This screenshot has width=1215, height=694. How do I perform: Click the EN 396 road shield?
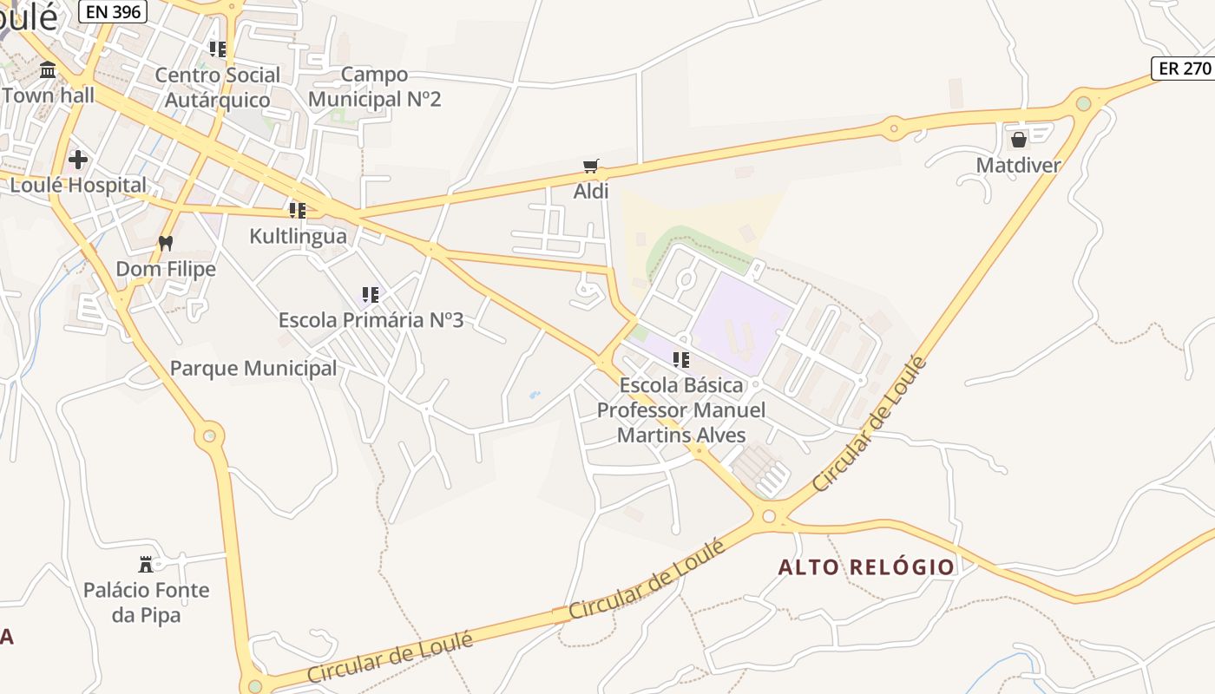pos(113,10)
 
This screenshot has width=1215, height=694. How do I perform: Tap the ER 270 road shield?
pos(1183,69)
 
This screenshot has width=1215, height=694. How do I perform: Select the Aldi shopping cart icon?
pos(591,166)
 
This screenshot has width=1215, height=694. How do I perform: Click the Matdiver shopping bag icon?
pos(1019,139)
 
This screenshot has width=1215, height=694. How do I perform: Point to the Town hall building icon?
pos(48,69)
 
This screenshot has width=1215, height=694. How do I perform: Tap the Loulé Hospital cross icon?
pos(78,160)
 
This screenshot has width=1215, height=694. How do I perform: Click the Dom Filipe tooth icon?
pos(166,244)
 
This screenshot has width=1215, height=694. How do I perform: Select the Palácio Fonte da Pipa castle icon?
pos(146,565)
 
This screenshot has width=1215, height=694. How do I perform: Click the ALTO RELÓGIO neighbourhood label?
pos(866,567)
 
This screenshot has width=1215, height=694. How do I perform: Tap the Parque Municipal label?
pos(253,368)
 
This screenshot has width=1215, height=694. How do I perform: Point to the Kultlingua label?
pos(298,236)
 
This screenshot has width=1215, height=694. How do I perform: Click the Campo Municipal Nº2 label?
pos(375,87)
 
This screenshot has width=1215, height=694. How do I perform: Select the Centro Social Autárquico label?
pos(218,87)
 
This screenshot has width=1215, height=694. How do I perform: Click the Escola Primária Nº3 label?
pos(371,320)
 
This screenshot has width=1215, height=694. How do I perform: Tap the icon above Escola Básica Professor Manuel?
pos(681,359)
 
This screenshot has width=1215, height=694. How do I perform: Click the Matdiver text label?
pos(1018,165)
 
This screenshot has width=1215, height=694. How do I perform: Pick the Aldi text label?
pos(591,191)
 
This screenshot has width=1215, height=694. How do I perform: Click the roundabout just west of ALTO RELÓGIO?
pos(768,517)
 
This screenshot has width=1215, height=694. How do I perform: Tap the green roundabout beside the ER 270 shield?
pos(1083,104)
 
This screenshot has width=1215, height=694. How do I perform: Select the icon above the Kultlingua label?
pos(298,211)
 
